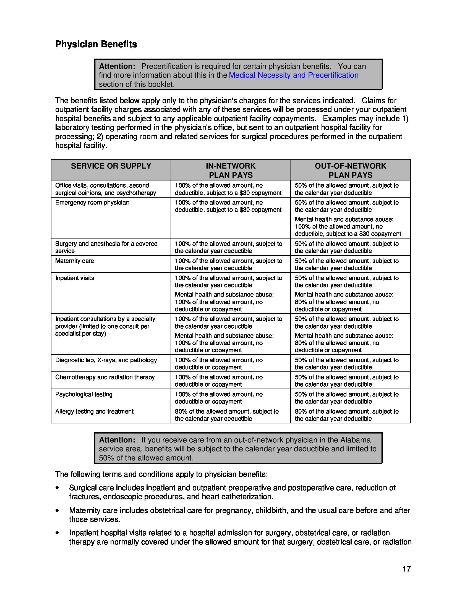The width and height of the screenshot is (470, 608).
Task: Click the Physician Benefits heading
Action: coord(96,44)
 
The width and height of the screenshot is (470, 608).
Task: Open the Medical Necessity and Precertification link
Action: coord(293,75)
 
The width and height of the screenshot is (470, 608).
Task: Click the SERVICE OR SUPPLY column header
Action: coord(111,166)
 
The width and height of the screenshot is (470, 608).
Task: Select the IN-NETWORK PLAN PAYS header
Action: coord(231,170)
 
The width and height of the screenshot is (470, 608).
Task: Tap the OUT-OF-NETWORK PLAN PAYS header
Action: coord(350,170)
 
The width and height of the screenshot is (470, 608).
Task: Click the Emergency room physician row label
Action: coord(92,203)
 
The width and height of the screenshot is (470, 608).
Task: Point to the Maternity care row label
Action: coord(75,261)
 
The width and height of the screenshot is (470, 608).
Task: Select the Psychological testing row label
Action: coord(84,394)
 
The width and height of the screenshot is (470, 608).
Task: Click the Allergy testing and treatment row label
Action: coord(94,412)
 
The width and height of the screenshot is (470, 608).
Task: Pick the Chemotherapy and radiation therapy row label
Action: coord(105,377)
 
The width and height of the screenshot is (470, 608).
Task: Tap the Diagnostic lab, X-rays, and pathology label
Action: coord(106,360)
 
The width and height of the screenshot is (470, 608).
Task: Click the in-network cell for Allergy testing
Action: coord(227,415)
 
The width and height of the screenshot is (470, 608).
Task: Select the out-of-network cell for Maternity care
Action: coord(347,264)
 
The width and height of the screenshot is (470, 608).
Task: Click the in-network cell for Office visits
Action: coord(228,189)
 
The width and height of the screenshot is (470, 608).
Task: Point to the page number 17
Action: coord(406,569)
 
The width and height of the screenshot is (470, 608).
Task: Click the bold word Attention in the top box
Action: coord(117,66)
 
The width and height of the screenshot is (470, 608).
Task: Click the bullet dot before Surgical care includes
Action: coord(57,488)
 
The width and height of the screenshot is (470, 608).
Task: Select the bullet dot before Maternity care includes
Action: coord(57,510)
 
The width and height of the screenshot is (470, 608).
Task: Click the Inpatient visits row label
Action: coord(75,278)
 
